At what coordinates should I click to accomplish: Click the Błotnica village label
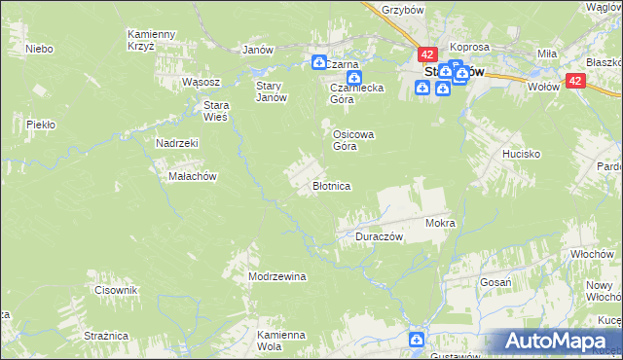tap(331, 185)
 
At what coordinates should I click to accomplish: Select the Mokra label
tap(440, 223)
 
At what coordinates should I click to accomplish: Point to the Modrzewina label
tap(277, 276)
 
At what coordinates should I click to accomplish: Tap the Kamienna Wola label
tap(281, 341)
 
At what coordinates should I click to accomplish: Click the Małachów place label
tap(193, 176)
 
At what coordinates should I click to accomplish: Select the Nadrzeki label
tap(177, 142)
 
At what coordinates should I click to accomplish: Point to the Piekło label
tap(40, 125)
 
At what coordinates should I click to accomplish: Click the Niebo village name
tap(39, 48)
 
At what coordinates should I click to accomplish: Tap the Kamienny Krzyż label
tap(150, 40)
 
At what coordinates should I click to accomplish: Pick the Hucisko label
tap(521, 154)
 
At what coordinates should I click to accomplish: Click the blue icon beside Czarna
tap(319, 63)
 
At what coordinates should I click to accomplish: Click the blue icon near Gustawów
tap(417, 340)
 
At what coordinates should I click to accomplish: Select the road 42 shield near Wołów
tap(576, 84)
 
